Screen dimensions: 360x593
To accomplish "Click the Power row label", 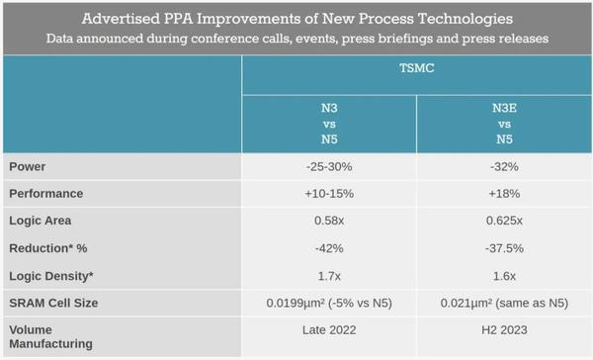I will click(29, 166).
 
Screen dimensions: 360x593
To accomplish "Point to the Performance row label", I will click(46, 193).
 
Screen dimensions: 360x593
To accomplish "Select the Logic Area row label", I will click(41, 220).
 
